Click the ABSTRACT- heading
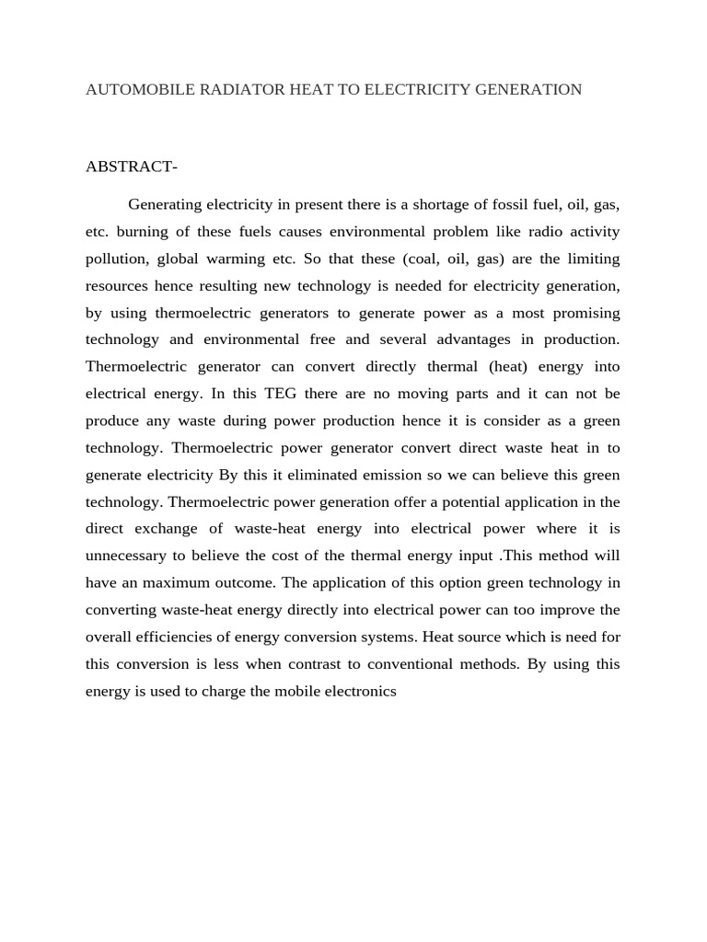[x=132, y=167]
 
